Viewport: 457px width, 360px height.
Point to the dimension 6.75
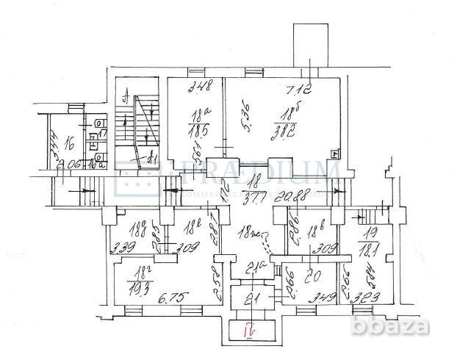point(170,297)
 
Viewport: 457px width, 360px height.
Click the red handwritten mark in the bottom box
point(249,332)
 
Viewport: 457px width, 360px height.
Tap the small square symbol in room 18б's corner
point(335,154)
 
